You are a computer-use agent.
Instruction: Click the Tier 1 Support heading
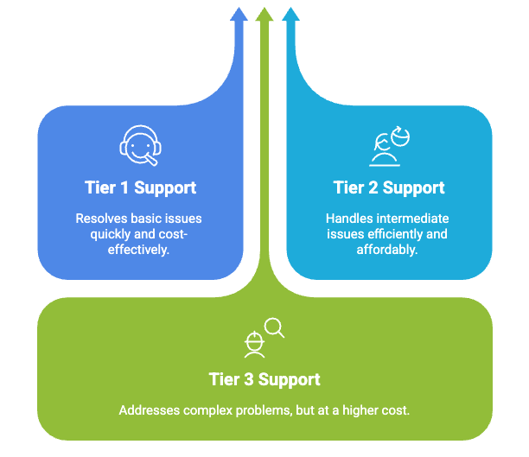140,187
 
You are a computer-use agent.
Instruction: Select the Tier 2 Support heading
389,187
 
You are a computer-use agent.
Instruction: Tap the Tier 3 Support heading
264,379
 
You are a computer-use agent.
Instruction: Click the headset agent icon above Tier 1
140,145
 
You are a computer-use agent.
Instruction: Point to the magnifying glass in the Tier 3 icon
275,327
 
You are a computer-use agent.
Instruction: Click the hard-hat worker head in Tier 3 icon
254,344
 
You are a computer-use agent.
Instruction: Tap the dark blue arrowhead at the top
239,15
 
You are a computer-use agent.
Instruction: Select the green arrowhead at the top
264,15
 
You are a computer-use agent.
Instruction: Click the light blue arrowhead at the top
290,15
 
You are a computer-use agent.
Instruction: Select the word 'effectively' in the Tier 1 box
135,250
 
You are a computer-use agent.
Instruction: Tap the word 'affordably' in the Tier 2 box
388,250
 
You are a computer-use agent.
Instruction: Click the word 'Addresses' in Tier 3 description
148,409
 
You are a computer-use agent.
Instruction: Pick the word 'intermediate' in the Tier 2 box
411,219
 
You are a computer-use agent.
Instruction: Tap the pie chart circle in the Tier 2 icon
399,135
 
